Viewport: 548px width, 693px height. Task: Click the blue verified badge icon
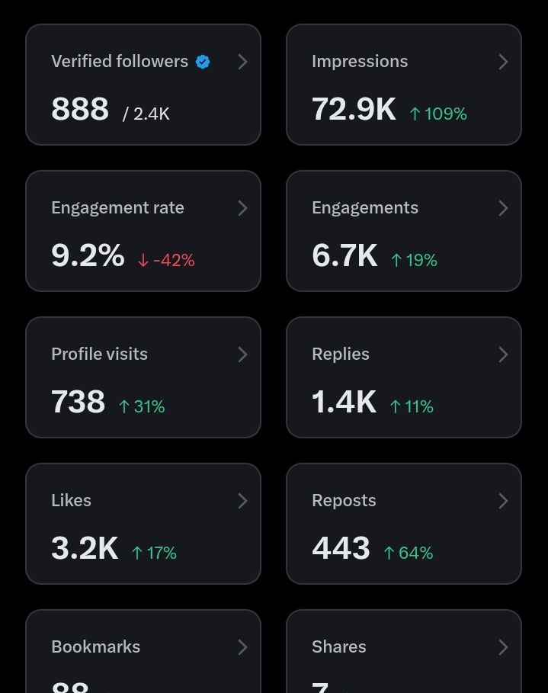click(x=203, y=62)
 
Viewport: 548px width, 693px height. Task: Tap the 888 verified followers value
click(x=80, y=109)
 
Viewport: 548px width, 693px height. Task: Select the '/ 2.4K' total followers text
click(x=146, y=114)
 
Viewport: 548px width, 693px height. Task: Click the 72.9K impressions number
click(x=354, y=109)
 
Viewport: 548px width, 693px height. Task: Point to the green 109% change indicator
click(x=438, y=114)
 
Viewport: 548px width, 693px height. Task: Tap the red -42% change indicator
click(x=166, y=260)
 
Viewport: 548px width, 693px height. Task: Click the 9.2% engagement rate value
click(x=88, y=255)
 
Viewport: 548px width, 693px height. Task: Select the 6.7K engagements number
click(x=345, y=255)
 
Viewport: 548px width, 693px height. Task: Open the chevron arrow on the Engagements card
click(x=503, y=208)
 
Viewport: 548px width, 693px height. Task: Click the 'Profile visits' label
click(x=99, y=355)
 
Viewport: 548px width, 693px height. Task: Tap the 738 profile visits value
click(x=78, y=402)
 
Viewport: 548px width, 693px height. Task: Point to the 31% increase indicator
click(x=142, y=406)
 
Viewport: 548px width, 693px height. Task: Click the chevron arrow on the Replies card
click(x=503, y=355)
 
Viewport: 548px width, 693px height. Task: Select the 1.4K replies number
click(x=344, y=402)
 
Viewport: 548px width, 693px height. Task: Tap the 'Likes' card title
click(x=71, y=501)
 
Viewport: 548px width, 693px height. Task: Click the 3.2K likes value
click(x=85, y=548)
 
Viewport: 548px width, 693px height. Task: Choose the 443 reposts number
click(x=341, y=548)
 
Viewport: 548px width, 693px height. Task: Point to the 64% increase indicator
click(x=409, y=553)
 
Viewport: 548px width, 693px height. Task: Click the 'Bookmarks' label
click(x=95, y=647)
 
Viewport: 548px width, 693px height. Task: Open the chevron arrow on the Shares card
click(x=503, y=647)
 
